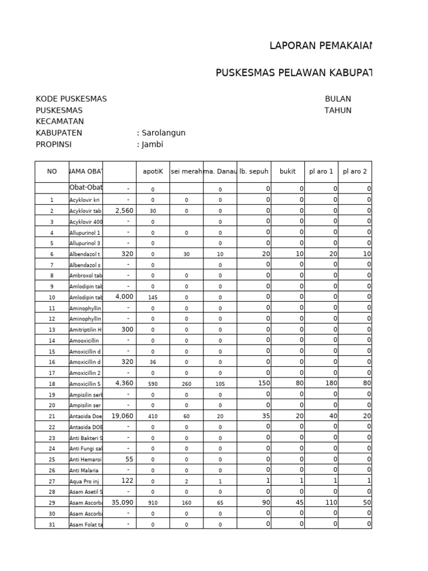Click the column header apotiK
(x=153, y=172)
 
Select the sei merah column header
(x=186, y=172)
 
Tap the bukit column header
(x=288, y=172)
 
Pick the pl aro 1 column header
(x=321, y=172)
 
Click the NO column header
(x=52, y=172)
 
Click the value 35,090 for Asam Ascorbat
(x=123, y=502)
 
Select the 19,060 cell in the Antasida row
(x=123, y=415)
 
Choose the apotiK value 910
(x=153, y=503)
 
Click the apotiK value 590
(x=153, y=384)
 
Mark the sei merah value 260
(x=186, y=384)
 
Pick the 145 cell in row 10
(x=153, y=297)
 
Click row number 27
(x=52, y=481)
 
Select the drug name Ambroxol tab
(x=85, y=275)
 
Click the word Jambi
(x=153, y=144)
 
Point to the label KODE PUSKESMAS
(x=71, y=99)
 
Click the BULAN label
(x=338, y=99)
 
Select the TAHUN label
(x=338, y=110)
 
